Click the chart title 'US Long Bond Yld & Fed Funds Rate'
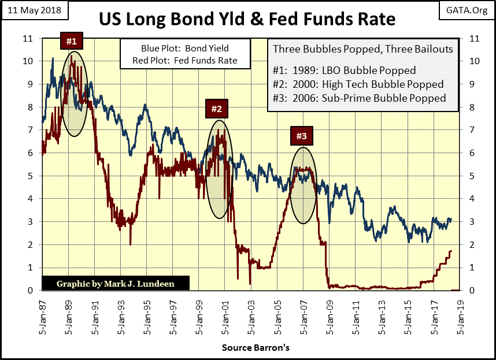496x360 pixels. [247, 19]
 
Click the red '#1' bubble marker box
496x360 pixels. [71, 41]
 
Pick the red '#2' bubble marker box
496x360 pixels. [216, 109]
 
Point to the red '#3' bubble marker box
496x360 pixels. [302, 136]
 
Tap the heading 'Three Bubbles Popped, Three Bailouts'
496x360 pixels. [362, 49]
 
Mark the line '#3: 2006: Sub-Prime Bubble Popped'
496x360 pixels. [358, 98]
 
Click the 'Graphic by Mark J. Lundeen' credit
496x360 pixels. [115, 283]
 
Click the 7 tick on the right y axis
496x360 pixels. [473, 130]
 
